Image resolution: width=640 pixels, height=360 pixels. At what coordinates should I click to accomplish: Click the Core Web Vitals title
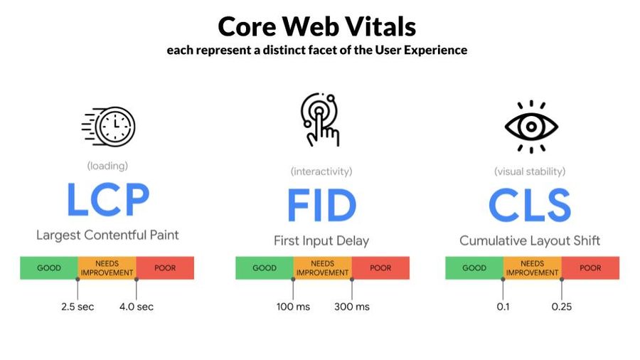tap(316, 26)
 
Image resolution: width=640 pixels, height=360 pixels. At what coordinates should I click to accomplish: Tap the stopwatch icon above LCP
tap(109, 127)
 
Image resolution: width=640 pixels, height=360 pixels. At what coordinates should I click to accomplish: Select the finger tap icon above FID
tap(321, 120)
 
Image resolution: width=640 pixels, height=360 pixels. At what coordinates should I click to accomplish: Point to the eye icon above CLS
tap(531, 127)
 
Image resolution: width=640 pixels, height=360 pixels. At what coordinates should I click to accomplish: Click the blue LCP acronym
tap(108, 199)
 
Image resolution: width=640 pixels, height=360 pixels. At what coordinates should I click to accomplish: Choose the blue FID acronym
tap(321, 205)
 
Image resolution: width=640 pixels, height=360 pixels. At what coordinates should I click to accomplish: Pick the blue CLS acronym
tap(530, 205)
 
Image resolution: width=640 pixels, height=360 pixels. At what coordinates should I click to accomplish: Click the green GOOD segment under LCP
tap(49, 268)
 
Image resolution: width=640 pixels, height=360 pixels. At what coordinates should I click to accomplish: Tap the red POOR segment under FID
tap(380, 268)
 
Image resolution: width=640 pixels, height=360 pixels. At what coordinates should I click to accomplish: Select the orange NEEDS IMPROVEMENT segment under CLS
tap(532, 268)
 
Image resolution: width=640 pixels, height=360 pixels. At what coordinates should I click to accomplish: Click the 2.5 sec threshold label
tap(78, 307)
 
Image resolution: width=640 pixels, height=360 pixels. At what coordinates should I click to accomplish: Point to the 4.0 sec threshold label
tap(137, 307)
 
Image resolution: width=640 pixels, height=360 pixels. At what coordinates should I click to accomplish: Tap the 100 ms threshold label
tap(293, 307)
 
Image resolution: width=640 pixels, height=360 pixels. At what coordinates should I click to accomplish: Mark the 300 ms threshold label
tap(352, 307)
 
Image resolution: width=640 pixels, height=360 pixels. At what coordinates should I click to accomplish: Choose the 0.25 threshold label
tap(562, 307)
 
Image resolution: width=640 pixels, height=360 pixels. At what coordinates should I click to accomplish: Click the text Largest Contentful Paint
tap(107, 235)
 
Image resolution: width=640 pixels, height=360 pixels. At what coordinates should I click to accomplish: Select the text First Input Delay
tap(321, 240)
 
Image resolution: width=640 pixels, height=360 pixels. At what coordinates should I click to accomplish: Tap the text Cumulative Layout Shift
tap(530, 240)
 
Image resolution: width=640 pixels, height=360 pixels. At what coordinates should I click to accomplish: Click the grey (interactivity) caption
tap(321, 171)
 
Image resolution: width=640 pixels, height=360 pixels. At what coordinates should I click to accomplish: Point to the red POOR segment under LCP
tap(165, 268)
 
